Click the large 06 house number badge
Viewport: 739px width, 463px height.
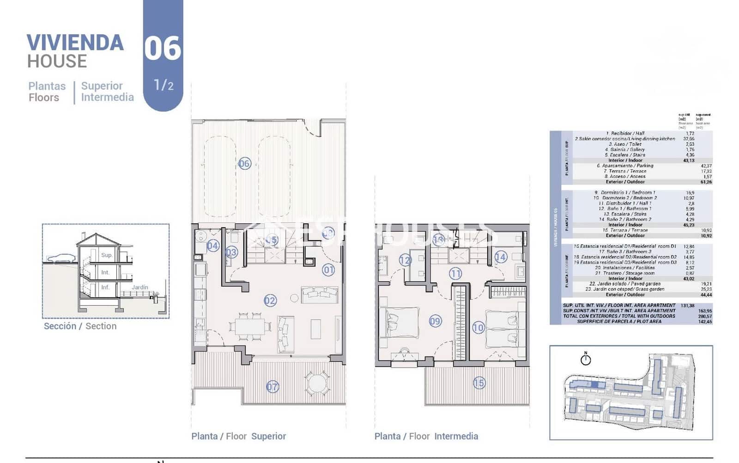coord(163,49)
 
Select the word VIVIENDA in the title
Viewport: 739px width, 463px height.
coord(75,43)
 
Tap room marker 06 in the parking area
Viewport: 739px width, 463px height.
coord(244,163)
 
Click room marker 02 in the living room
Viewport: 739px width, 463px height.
coord(270,301)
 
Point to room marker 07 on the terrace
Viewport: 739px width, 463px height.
coord(273,387)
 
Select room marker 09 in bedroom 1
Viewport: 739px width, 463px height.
coord(435,321)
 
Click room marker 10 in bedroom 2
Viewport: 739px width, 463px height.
coord(478,328)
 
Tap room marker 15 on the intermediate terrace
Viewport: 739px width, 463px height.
coord(479,383)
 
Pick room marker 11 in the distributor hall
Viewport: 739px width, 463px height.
coord(455,274)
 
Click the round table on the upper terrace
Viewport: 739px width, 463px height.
coord(317,383)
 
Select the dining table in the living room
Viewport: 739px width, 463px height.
coord(250,327)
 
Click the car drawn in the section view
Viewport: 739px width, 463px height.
coord(60,258)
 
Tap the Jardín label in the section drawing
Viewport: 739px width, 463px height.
coord(139,287)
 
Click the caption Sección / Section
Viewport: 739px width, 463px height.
coord(80,326)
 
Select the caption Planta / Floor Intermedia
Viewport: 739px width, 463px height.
coord(426,436)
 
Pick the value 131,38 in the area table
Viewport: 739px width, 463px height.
coord(687,305)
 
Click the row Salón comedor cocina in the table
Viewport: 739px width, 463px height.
coord(624,139)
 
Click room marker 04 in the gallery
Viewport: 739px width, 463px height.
coord(212,246)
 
